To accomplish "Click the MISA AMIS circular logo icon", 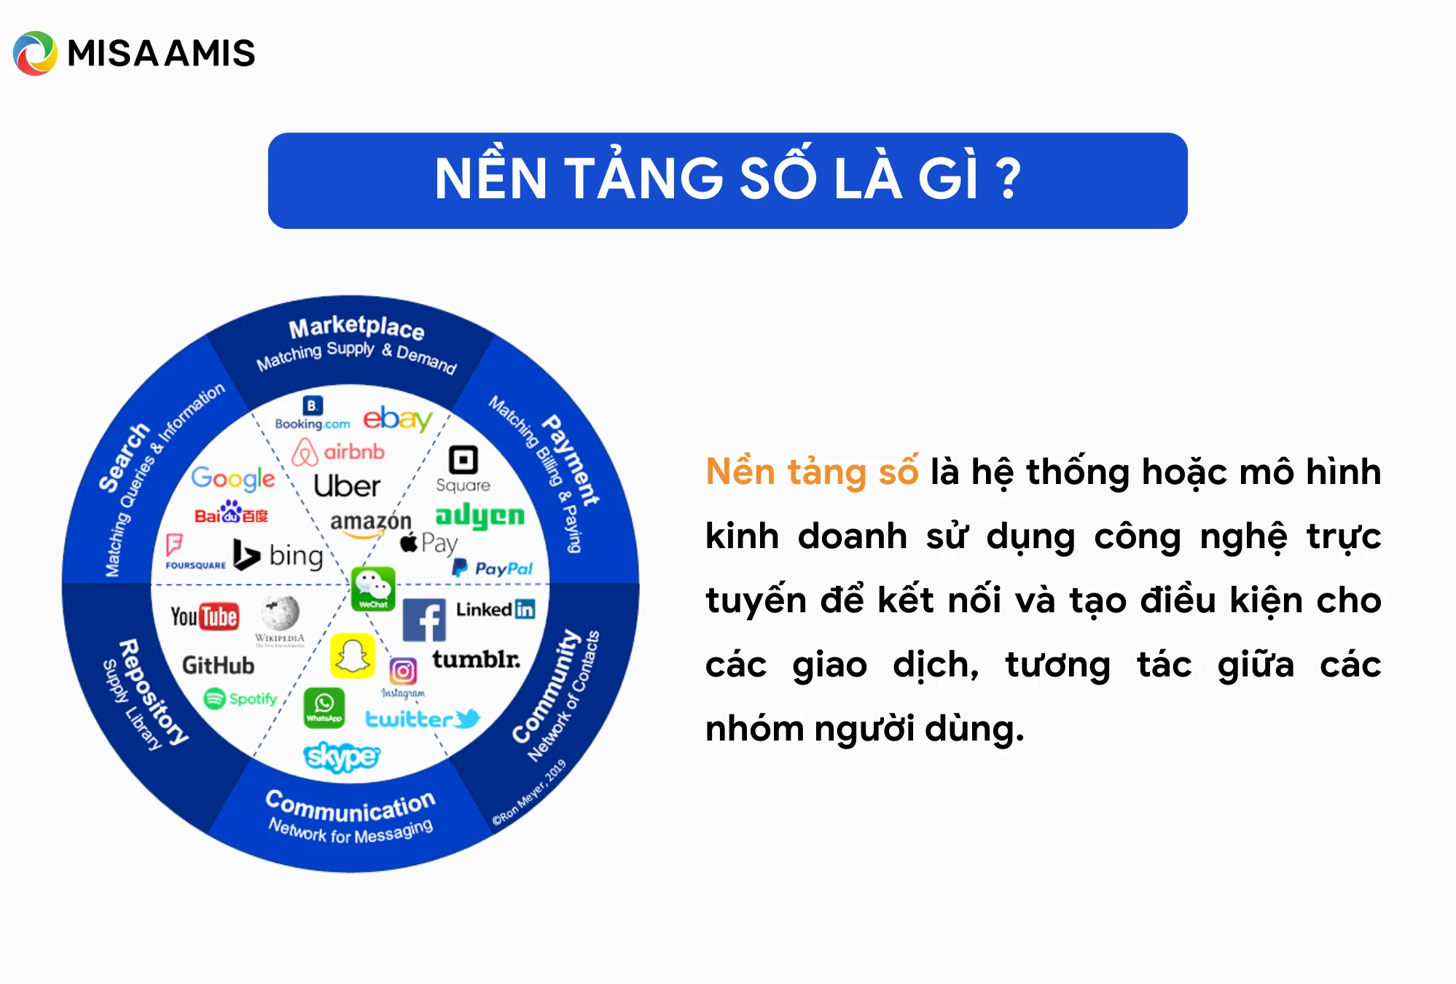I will pyautogui.click(x=35, y=53).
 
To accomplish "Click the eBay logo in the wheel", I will pyautogui.click(x=397, y=419).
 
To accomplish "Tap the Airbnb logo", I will pyautogui.click(x=338, y=452).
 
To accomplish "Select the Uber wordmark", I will pyautogui.click(x=347, y=486).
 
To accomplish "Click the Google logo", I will pyautogui.click(x=233, y=478).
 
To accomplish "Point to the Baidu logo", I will pyautogui.click(x=231, y=513).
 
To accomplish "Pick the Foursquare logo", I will pyautogui.click(x=194, y=552).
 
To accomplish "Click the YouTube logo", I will pyautogui.click(x=205, y=617).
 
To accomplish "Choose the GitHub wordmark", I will pyautogui.click(x=218, y=665).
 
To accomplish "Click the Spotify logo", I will pyautogui.click(x=240, y=698).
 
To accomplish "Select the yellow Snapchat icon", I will pyautogui.click(x=353, y=655).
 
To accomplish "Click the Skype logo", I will pyautogui.click(x=341, y=757).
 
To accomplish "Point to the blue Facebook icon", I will pyautogui.click(x=424, y=620).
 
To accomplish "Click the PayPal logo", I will pyautogui.click(x=493, y=569).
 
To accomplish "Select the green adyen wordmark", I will pyautogui.click(x=480, y=515).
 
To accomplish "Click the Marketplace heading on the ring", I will pyautogui.click(x=356, y=327).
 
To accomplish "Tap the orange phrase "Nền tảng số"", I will pyautogui.click(x=812, y=472).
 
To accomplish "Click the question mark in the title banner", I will pyautogui.click(x=1009, y=179).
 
